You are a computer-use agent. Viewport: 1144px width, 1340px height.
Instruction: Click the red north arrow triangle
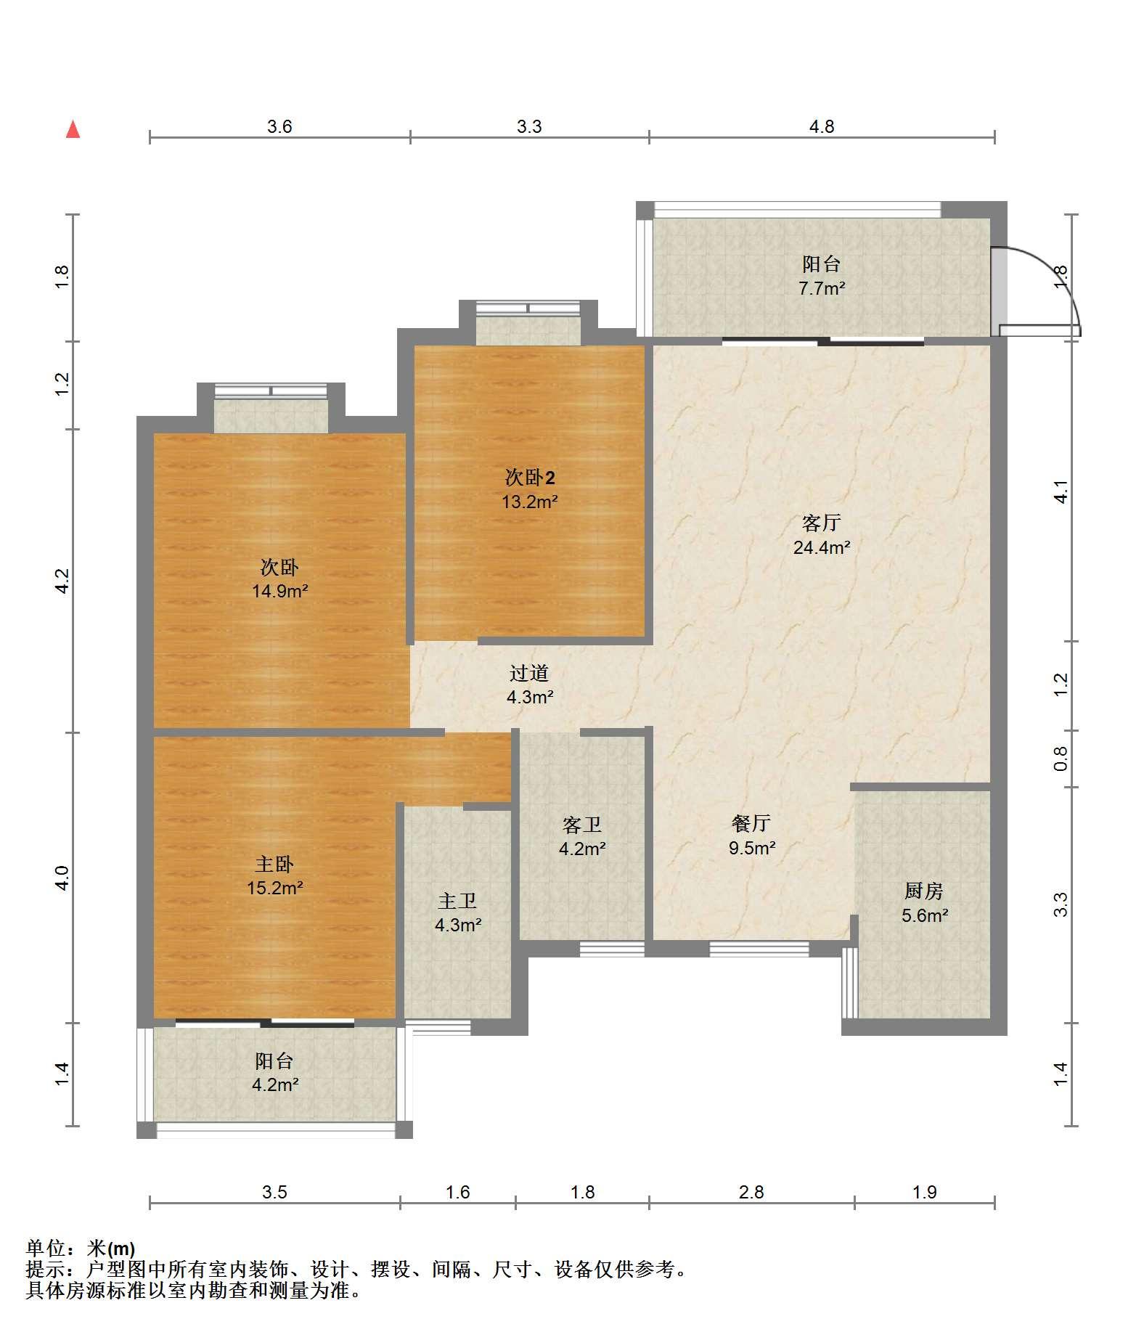[73, 129]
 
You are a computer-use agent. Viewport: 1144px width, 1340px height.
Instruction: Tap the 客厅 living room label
[822, 523]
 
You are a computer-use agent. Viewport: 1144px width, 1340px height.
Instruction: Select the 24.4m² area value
[822, 547]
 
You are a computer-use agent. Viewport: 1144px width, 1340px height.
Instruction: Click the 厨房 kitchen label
[924, 891]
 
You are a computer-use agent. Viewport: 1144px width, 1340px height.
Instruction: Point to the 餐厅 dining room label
[751, 823]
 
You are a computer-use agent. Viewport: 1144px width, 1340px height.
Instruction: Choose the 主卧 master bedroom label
[274, 864]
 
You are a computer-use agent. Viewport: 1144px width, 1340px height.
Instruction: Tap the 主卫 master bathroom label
[457, 902]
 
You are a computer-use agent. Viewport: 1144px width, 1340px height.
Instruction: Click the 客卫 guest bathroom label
[582, 825]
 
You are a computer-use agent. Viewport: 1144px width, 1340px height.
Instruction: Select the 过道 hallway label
[529, 674]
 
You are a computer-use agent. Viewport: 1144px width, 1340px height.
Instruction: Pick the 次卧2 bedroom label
[530, 478]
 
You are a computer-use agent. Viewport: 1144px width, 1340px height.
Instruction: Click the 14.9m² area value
[280, 591]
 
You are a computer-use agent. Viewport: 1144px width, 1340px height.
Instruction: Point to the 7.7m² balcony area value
[822, 288]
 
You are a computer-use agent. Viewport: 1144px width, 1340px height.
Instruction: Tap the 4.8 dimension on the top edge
[822, 126]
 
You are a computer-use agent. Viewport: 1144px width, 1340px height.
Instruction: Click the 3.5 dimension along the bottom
[275, 1192]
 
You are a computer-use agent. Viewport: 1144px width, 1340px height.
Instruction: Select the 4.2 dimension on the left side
[62, 581]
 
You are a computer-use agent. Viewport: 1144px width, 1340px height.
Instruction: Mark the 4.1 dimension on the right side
[1061, 493]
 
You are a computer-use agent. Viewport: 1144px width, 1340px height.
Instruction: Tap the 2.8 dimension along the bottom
[751, 1192]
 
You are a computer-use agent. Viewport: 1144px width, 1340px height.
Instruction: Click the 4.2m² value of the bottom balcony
[275, 1085]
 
